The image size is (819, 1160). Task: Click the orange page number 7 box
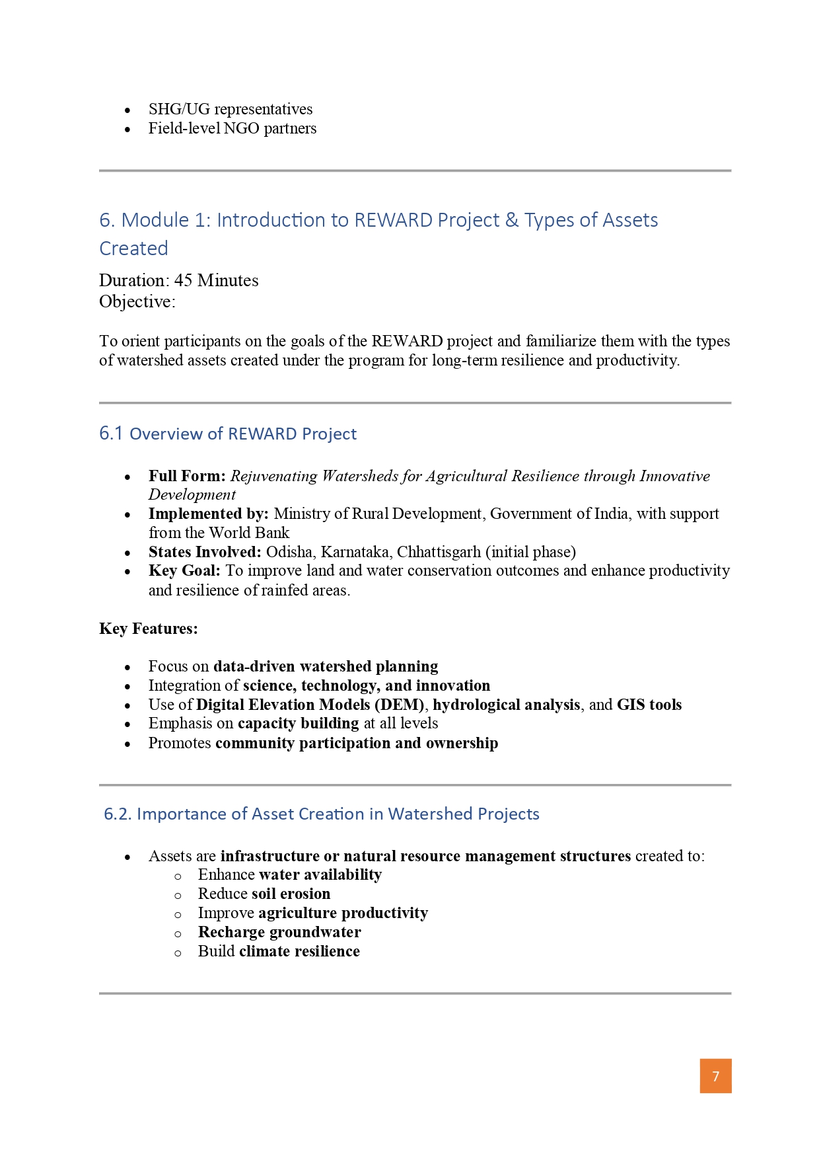click(x=715, y=1076)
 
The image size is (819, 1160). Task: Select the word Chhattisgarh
click(x=439, y=552)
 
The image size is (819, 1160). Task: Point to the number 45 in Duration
click(x=183, y=280)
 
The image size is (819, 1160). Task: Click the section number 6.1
click(x=111, y=434)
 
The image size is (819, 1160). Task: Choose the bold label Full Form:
click(x=187, y=476)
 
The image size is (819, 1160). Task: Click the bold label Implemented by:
click(x=208, y=514)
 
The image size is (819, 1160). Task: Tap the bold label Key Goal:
click(x=184, y=570)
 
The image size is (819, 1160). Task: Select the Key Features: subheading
click(x=149, y=629)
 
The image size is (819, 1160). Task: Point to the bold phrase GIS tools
click(x=649, y=705)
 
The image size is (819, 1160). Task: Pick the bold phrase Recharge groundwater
click(x=279, y=932)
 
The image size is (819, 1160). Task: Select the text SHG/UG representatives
click(x=231, y=109)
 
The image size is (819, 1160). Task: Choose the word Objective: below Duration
click(x=137, y=302)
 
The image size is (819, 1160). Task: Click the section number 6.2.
click(x=118, y=814)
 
